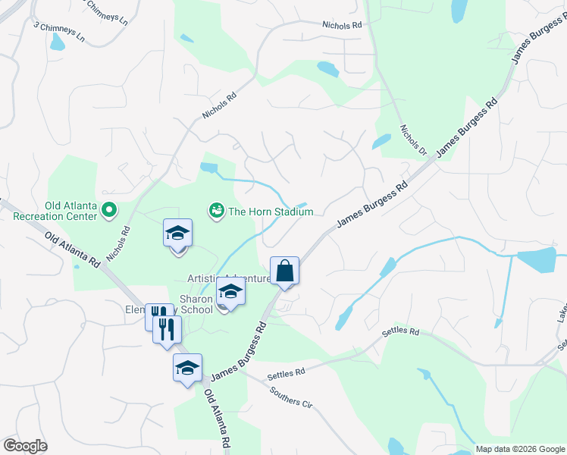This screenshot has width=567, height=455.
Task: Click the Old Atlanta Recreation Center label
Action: coord(55,210)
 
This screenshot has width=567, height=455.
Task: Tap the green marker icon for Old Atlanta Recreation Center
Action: coord(108,210)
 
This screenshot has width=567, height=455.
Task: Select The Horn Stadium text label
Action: coord(271,212)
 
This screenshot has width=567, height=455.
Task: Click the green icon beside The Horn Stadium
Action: coord(216,210)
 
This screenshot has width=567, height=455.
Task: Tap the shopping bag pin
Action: coord(284,271)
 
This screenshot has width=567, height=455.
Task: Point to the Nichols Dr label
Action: coord(414,140)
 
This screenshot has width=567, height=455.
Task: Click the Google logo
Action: coord(25,446)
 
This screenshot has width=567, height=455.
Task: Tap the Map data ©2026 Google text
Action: coord(519,449)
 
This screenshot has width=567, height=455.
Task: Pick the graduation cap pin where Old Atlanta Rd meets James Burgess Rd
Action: coord(187,369)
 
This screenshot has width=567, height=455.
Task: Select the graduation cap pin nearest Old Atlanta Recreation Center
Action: coord(177,234)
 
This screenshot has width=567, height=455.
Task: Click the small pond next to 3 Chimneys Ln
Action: coord(58,42)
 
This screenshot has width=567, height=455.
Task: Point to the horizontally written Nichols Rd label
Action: coord(341,25)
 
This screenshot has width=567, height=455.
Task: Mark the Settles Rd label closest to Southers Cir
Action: coord(286,372)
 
